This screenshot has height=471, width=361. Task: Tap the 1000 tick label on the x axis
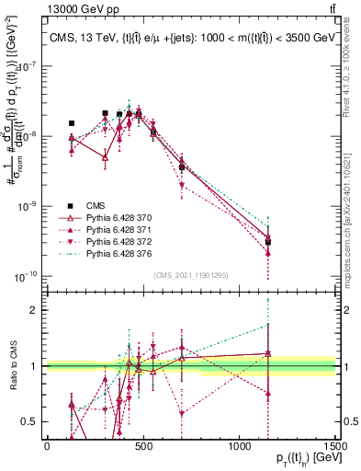click(x=239, y=446)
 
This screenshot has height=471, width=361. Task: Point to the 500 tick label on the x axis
click(x=143, y=446)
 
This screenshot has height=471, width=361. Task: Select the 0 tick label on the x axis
click(x=47, y=446)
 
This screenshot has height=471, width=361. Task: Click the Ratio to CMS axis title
click(x=12, y=366)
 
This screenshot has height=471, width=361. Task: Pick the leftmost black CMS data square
click(x=72, y=122)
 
